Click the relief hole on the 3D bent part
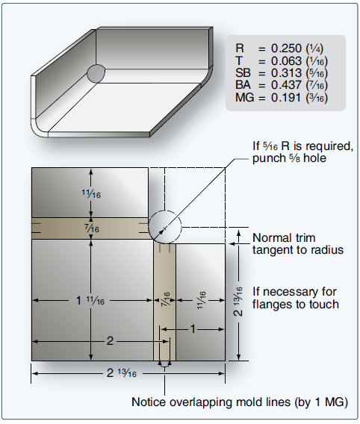pyautogui.click(x=97, y=72)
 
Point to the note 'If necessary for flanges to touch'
pyautogui.click(x=297, y=297)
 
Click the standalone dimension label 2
pyautogui.click(x=110, y=340)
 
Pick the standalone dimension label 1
pyautogui.click(x=196, y=328)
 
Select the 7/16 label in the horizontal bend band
pyautogui.click(x=91, y=228)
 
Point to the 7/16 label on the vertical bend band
pyautogui.click(x=162, y=301)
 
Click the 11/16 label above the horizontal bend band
pyautogui.click(x=91, y=193)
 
